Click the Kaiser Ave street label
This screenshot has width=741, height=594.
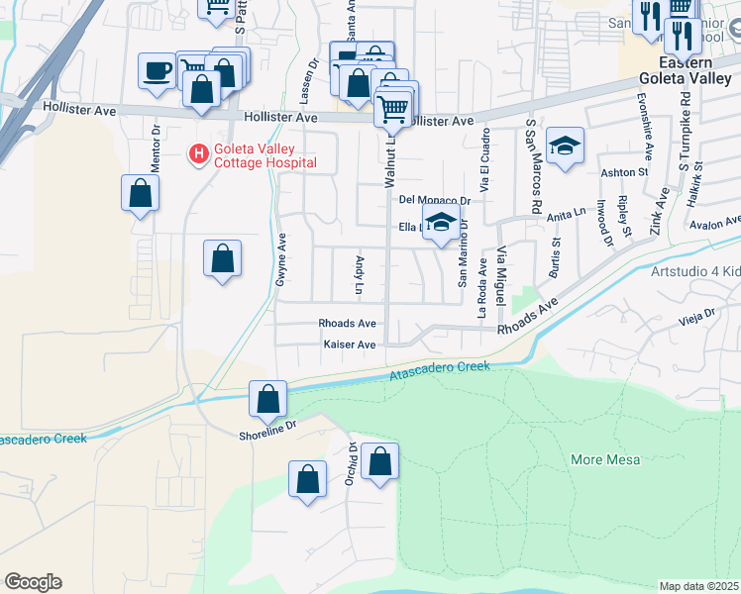350,345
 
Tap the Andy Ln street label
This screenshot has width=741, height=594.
359,275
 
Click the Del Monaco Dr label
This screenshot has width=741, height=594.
433,199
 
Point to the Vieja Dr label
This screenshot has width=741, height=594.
696,315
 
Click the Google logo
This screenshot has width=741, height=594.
33,582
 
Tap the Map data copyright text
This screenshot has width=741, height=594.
698,586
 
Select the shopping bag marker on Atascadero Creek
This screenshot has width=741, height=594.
267,400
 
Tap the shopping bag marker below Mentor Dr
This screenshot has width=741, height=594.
141,193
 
